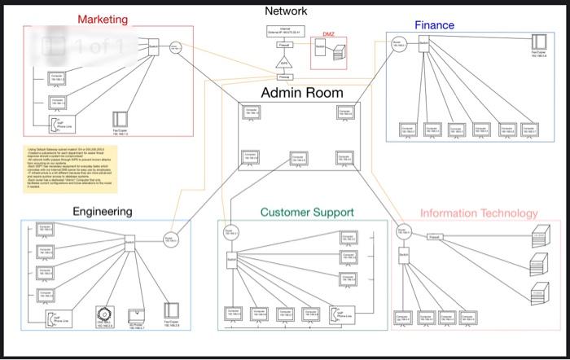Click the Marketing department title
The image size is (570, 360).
[x=102, y=19]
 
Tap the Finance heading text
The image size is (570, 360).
[x=434, y=25]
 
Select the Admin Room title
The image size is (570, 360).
[x=301, y=92]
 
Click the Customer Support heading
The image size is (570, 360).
[x=307, y=212]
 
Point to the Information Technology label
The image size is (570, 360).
[x=479, y=213]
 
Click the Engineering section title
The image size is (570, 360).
[x=102, y=212]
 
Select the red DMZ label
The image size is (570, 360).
[x=328, y=34]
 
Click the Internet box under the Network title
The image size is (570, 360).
[x=285, y=32]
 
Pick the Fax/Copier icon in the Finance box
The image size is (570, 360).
[x=538, y=42]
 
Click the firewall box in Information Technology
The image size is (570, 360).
[x=435, y=237]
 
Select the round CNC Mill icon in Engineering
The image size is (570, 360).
[x=103, y=314]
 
